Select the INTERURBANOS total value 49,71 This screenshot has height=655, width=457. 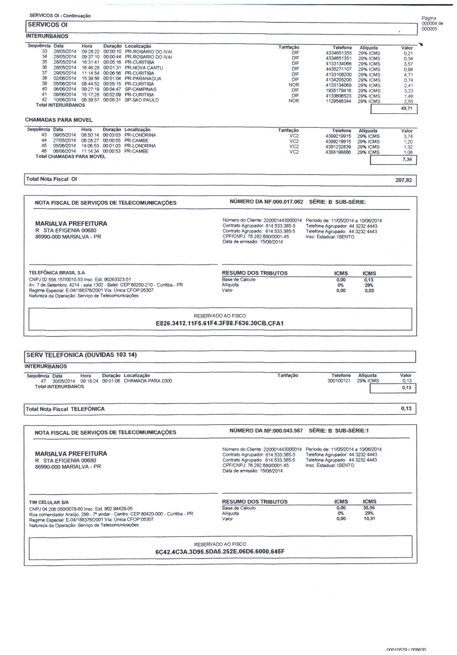[x=406, y=108]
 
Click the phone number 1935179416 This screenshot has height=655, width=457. [x=339, y=91]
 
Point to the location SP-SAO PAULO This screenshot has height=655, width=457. [x=142, y=100]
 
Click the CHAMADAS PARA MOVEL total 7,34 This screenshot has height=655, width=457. [x=407, y=159]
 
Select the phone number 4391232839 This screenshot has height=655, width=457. [x=338, y=147]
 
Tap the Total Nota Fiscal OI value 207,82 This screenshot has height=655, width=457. [x=403, y=180]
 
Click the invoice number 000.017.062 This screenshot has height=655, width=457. [x=288, y=202]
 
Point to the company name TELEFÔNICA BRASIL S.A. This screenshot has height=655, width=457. [x=57, y=273]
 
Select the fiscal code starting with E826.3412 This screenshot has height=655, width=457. [x=219, y=323]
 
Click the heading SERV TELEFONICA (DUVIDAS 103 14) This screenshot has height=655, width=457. [x=81, y=355]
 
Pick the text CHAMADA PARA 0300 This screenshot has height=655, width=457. [x=148, y=381]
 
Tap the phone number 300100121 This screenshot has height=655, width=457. [x=339, y=381]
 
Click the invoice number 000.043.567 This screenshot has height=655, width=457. [x=288, y=431]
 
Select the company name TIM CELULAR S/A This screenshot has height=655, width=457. [x=49, y=502]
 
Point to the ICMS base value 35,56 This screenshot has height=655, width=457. [x=369, y=508]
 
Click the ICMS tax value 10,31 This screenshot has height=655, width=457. [x=369, y=519]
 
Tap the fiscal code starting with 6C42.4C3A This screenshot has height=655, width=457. [x=219, y=552]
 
